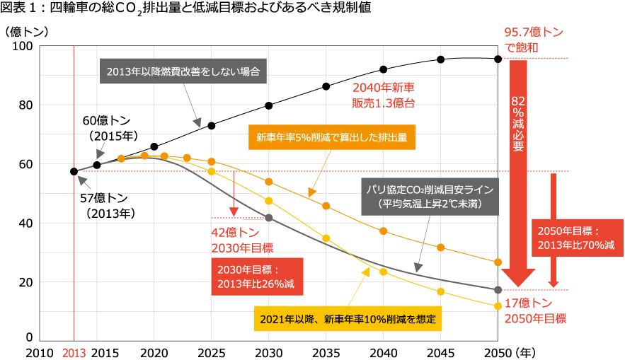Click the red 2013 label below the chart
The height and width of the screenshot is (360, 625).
74,352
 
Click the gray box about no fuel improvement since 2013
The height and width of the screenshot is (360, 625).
183,71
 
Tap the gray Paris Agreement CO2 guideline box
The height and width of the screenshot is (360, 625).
429,197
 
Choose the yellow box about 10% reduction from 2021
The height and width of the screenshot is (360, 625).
348,318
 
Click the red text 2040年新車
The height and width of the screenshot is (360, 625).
383,88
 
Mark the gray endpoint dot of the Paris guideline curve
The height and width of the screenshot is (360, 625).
498,289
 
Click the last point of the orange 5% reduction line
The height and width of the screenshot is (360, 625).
498,262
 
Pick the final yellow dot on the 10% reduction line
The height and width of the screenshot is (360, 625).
498,305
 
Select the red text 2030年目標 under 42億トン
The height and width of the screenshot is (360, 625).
242,248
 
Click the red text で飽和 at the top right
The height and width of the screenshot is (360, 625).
522,47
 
